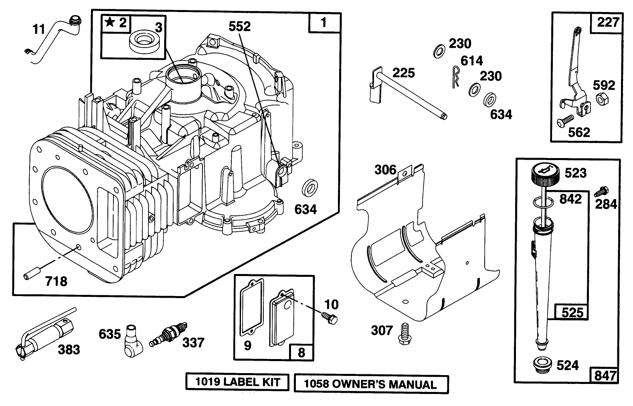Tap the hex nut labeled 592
(x=601, y=99)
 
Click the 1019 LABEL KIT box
(x=237, y=382)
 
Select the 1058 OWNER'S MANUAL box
(x=371, y=384)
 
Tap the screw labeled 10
(x=331, y=317)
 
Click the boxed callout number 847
(x=605, y=375)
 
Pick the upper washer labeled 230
(x=439, y=51)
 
